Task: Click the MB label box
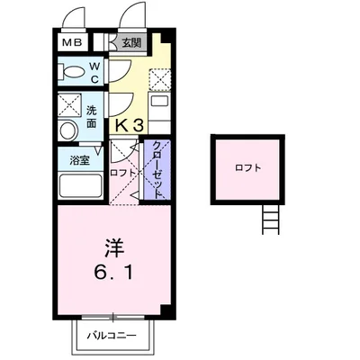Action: (x=71, y=41)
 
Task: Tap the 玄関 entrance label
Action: (x=132, y=41)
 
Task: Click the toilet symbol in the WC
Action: (x=72, y=73)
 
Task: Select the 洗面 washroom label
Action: (x=93, y=117)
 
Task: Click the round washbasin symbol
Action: (x=68, y=131)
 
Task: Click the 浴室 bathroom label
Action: (x=80, y=159)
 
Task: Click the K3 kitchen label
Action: (x=129, y=127)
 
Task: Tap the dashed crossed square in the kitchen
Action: (x=158, y=80)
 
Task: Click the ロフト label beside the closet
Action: (x=123, y=171)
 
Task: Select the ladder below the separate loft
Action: (x=268, y=219)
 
